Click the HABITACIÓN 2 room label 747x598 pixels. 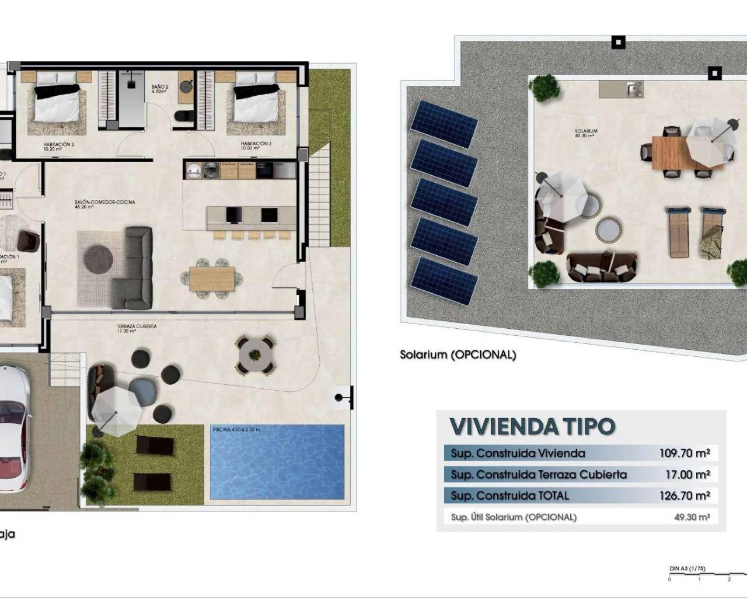[x=58, y=145]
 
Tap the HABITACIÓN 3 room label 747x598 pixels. [x=256, y=145]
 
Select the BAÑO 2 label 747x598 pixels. [x=160, y=89]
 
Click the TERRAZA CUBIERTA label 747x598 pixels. [x=137, y=328]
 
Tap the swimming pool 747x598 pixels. [x=277, y=463]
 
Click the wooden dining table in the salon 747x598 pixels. [x=212, y=279]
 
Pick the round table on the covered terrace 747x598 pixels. [x=254, y=353]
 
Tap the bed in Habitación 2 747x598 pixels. [x=57, y=103]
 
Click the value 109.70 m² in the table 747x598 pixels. [x=685, y=453]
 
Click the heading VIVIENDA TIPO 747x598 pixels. [x=532, y=427]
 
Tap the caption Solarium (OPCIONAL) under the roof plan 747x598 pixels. [x=458, y=354]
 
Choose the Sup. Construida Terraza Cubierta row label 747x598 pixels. [x=539, y=475]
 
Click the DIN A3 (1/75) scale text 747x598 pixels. [x=687, y=568]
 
